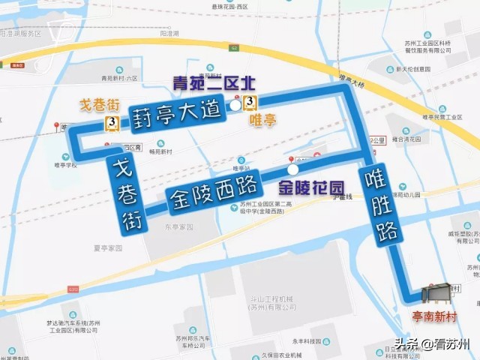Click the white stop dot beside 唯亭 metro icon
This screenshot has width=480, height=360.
(235, 106)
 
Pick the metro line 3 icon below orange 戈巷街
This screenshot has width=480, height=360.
(112, 122)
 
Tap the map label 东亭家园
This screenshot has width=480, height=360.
(178, 226)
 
